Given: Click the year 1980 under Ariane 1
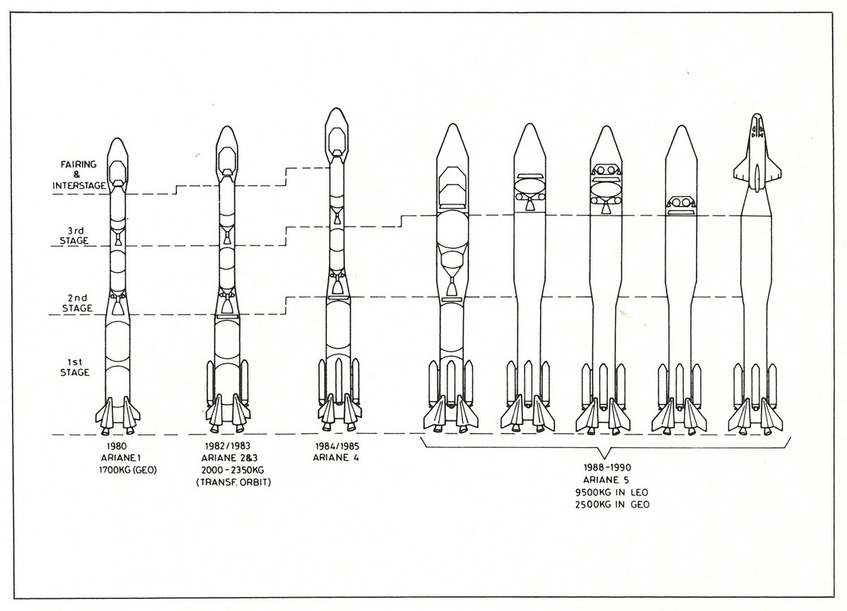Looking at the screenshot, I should [x=117, y=447].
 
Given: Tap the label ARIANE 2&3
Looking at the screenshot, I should [x=226, y=458].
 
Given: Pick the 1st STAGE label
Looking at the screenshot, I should [x=74, y=367].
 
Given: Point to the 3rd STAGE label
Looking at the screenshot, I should [x=74, y=235].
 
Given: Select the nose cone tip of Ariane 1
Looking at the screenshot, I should [x=117, y=140].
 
